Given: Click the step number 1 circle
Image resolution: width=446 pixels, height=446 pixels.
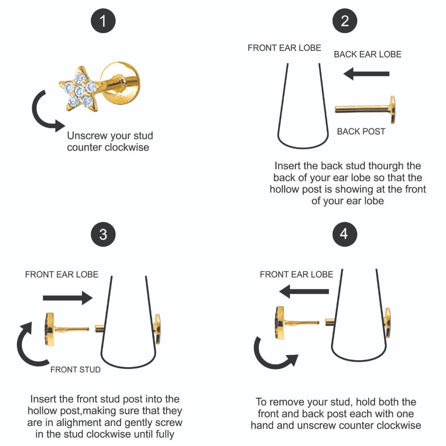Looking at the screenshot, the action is (x=103, y=21).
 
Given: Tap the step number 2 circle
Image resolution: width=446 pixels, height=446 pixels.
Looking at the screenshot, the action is (x=345, y=21).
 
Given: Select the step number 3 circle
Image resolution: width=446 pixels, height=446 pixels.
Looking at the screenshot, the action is (x=103, y=234).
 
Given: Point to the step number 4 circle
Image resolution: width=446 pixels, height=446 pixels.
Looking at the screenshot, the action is (x=344, y=234).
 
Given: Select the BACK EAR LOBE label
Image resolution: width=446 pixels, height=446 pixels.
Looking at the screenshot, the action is (x=368, y=54).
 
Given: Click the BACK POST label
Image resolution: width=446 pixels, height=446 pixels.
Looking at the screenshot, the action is (x=361, y=132).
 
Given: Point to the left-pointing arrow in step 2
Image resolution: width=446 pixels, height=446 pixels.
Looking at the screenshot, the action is (x=366, y=74).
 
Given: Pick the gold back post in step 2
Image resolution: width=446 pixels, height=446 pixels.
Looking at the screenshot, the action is (x=365, y=109).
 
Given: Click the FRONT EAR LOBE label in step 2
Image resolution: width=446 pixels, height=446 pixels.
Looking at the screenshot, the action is (x=284, y=48).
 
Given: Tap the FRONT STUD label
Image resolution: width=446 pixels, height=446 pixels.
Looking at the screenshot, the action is (x=75, y=369).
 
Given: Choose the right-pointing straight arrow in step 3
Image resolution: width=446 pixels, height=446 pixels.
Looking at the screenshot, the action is (x=68, y=298).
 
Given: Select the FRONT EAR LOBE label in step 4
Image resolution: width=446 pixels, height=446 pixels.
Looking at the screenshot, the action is (x=296, y=274).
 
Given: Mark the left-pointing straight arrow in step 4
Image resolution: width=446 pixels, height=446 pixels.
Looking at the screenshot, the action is (x=304, y=291).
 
